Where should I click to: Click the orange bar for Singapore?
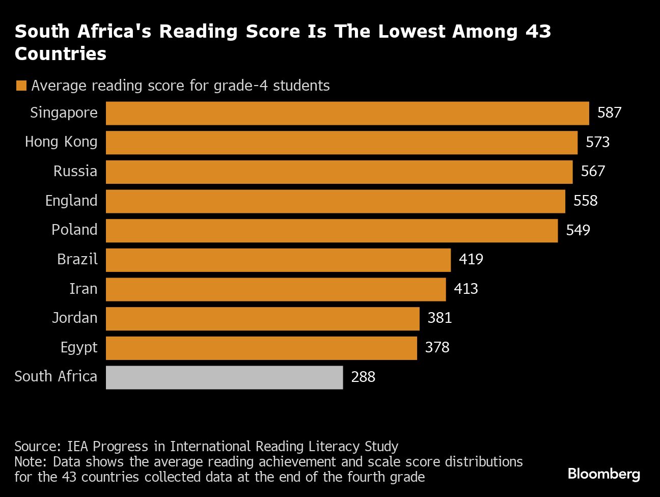pos(347,113)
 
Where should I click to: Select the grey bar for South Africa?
pos(224,377)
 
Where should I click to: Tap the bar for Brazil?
pos(278,260)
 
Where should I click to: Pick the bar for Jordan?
pos(262,319)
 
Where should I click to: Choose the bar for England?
pos(335,201)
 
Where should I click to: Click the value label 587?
pos(609,113)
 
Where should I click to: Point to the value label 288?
pos(363,377)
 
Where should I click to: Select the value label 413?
pos(466,289)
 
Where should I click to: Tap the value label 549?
pos(578,230)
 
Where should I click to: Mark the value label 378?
pos(437,347)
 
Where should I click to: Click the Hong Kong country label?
pos(61,142)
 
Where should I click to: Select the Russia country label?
pos(75,171)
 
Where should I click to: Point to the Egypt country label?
pos(79,348)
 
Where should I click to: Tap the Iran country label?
pos(83,289)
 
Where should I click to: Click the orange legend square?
pos(21,86)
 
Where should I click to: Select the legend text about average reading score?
pos(180,86)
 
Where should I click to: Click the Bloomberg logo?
pos(603,474)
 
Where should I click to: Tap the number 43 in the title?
pos(538,32)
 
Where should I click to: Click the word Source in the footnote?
pos(37,447)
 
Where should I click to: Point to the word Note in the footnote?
pos(31,462)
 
